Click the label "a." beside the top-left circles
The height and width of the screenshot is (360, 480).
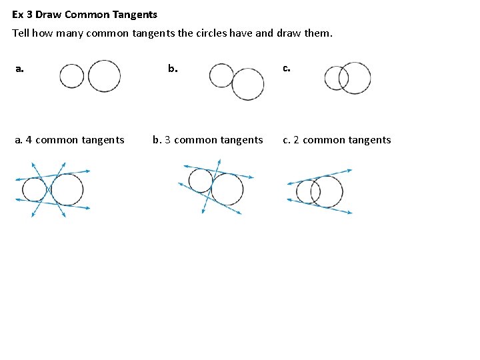pos(20,68)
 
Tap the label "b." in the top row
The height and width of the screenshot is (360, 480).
pos(173,68)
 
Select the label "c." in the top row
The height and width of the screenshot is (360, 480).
pos(286,68)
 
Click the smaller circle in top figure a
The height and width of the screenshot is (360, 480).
pos(71,76)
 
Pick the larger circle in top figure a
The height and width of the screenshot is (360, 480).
pos(105,76)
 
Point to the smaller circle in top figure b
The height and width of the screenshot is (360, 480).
pos(221,75)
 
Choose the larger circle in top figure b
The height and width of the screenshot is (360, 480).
pos(248,84)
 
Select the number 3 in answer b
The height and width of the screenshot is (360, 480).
pos(167,140)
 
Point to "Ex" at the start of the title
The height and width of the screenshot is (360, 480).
pos(17,14)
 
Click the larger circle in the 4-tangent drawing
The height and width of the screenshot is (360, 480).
pos(67,189)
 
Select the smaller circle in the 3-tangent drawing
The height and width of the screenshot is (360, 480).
pos(200,181)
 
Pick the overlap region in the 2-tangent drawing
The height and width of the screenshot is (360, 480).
pos(315,191)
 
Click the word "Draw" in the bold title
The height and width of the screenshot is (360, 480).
pos(47,14)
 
